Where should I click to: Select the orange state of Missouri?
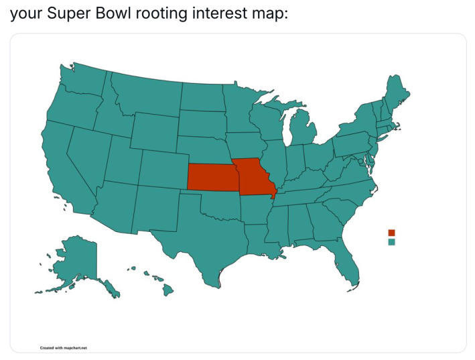[253, 176]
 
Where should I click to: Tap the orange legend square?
[391, 233]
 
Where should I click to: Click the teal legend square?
[391, 242]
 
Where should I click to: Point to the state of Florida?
[345, 264]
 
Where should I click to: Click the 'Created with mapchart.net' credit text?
[64, 347]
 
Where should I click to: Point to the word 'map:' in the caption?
[269, 13]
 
